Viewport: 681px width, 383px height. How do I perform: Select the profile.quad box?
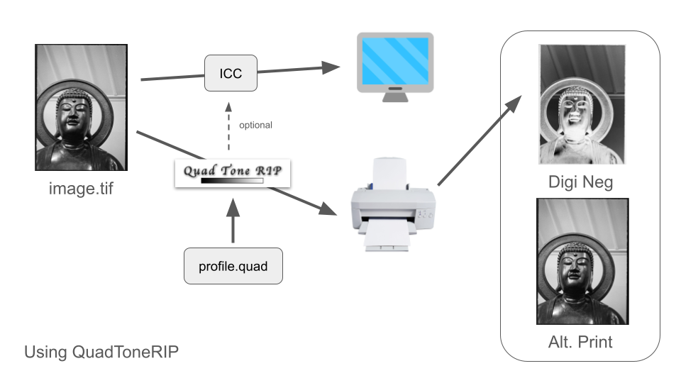[233, 266]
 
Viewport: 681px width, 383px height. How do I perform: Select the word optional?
[255, 125]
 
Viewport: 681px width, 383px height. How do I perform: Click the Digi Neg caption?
[581, 182]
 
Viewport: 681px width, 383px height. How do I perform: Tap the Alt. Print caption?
[581, 342]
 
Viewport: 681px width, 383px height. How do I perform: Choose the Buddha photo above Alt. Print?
[581, 261]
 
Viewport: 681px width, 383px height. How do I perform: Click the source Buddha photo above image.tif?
[80, 107]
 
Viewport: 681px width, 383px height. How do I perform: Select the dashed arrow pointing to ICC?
[228, 126]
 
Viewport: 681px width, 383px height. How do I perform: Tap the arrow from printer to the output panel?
[475, 142]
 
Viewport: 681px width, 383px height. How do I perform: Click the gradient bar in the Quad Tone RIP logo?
[232, 181]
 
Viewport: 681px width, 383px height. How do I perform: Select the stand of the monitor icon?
[394, 94]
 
